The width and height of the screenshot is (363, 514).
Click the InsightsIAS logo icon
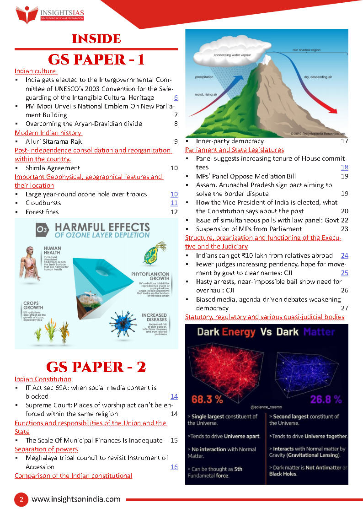[27, 14]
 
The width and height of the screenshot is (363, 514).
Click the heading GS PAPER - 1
[96, 60]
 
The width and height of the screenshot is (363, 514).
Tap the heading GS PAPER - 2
[96, 367]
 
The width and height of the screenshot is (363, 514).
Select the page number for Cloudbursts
[174, 203]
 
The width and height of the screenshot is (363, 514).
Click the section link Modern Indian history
[48, 133]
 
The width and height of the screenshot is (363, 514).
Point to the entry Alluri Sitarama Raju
[54, 141]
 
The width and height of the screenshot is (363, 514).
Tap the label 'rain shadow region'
[307, 49]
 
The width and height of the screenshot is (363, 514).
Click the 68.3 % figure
[207, 399]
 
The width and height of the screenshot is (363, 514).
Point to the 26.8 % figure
[326, 399]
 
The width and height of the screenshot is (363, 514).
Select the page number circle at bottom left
[21, 499]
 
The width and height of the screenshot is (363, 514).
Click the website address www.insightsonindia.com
[76, 499]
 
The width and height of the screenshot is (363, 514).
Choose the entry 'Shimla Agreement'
[53, 168]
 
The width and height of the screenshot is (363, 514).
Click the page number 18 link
[344, 168]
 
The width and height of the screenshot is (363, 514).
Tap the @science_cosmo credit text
[266, 406]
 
